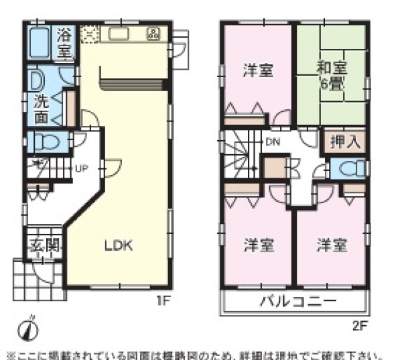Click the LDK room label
point(119,245)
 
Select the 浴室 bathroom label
point(65,42)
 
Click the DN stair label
point(272,141)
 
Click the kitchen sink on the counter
point(120,34)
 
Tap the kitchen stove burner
point(153,33)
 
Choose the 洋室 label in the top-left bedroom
point(257,70)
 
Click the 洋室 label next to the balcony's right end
point(332,245)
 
